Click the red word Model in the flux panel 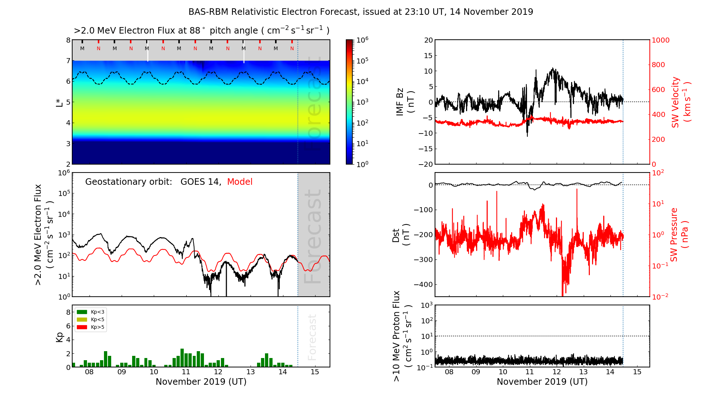(x=240, y=182)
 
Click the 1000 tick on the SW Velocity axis (x=660, y=40)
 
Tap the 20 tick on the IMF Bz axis (x=428, y=40)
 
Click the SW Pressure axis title (x=679, y=235)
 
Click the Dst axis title (x=401, y=235)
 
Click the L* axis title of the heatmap (x=60, y=102)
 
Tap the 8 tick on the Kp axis (x=68, y=312)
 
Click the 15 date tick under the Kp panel (x=315, y=372)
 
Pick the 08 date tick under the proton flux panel (x=449, y=372)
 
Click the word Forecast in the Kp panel (x=312, y=337)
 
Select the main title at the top (x=361, y=12)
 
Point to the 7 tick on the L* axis (x=68, y=61)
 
